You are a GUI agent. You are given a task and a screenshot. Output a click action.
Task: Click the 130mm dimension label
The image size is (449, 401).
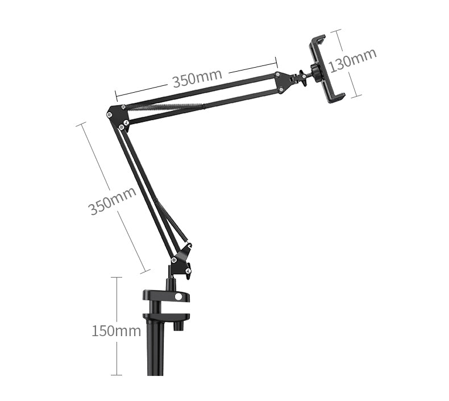(353, 59)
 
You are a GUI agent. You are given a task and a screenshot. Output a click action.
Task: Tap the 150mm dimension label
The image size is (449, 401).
(116, 330)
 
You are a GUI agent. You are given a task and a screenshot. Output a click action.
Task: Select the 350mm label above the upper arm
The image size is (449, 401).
(197, 78)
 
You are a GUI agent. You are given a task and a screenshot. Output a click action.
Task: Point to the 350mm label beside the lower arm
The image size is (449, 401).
(113, 200)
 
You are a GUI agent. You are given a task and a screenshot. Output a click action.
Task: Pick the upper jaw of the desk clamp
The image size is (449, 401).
(165, 296)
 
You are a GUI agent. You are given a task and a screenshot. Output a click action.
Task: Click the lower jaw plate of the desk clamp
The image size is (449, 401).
(165, 316)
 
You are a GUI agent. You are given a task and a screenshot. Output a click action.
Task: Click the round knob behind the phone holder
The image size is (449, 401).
(314, 71)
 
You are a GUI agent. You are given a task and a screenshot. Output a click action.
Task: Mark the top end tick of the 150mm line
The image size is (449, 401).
(116, 277)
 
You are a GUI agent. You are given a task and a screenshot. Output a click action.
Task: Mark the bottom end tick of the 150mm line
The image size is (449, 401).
(116, 375)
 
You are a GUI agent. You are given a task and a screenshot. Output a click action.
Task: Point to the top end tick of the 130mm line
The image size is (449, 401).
(338, 30)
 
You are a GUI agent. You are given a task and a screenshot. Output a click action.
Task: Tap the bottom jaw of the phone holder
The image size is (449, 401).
(336, 98)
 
